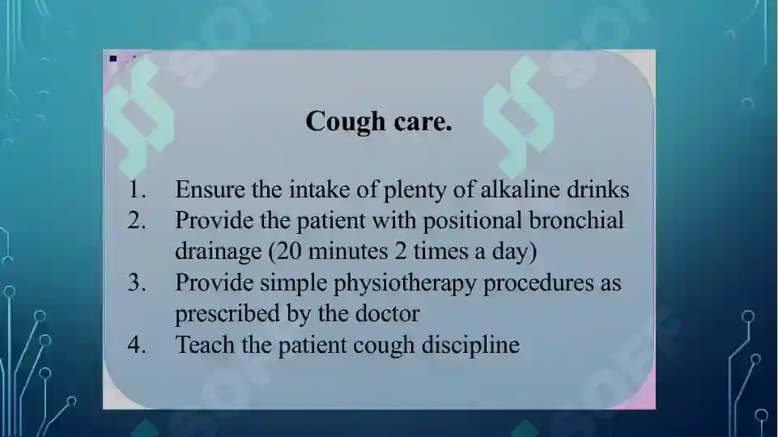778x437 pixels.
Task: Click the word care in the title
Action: click(423, 122)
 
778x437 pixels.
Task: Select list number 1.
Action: click(137, 190)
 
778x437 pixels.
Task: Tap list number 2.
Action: click(137, 220)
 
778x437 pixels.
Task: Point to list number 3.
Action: click(137, 282)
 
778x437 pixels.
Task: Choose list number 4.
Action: click(137, 345)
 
